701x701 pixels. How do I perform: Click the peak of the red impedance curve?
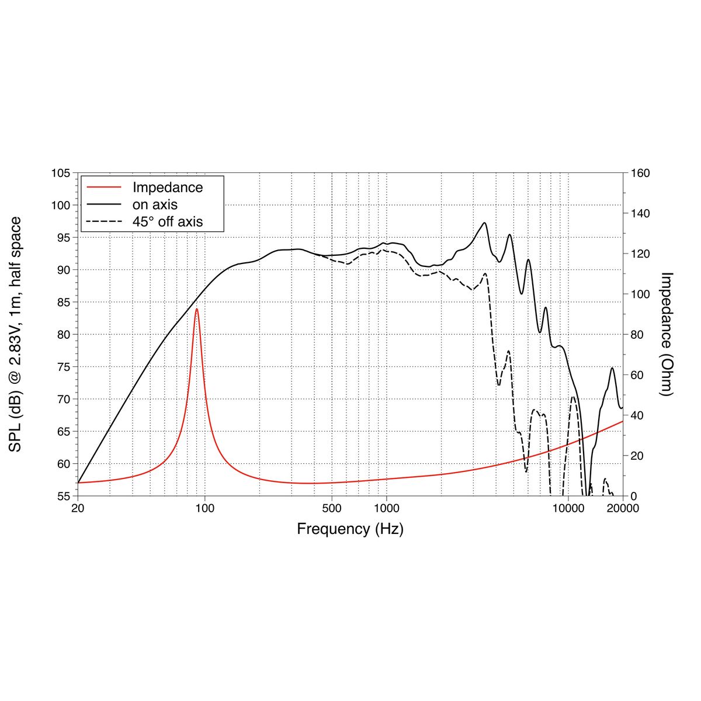(x=197, y=309)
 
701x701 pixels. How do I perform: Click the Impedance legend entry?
(x=168, y=188)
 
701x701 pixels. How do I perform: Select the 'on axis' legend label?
(x=155, y=204)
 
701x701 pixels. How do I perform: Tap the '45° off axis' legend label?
(x=168, y=221)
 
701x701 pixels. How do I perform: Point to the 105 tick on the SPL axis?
(x=61, y=173)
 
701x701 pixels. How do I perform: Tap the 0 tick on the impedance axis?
(x=633, y=496)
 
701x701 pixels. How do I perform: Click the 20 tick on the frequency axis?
(x=78, y=508)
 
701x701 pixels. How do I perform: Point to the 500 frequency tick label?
(x=332, y=508)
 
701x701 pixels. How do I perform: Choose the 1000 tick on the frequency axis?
(x=386, y=508)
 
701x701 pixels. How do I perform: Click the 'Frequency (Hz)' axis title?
(x=350, y=529)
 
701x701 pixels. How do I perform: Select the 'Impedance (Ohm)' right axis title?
(x=667, y=334)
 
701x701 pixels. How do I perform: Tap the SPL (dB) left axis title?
(x=16, y=334)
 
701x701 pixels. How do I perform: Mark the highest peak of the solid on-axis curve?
(x=484, y=223)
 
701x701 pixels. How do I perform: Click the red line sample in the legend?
(x=104, y=188)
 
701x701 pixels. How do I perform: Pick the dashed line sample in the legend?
(x=104, y=221)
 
